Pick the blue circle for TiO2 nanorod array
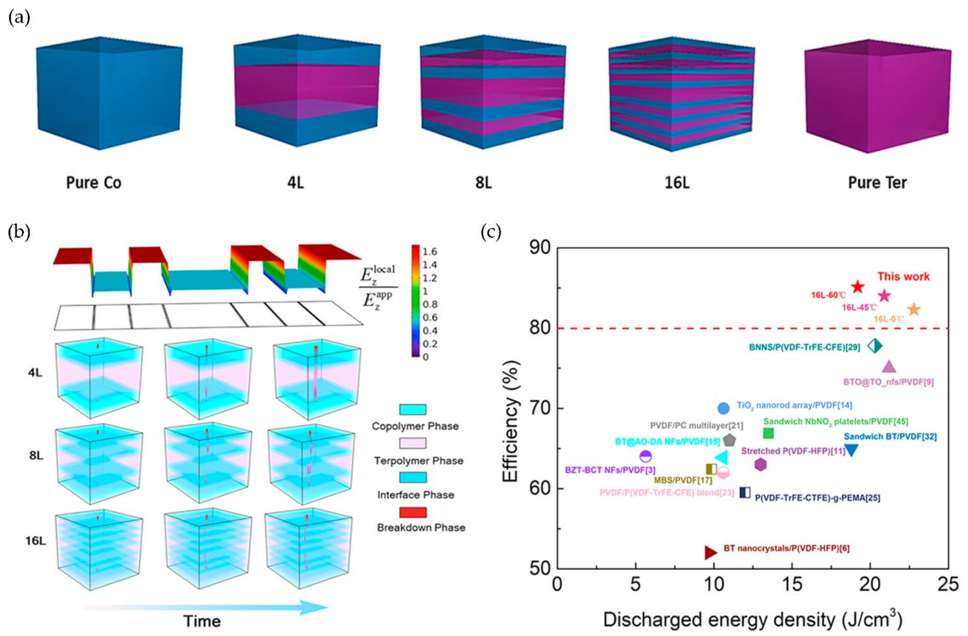724,408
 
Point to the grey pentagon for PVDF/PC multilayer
730,440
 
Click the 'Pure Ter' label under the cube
877,183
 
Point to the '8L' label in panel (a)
483,183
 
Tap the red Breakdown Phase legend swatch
413,512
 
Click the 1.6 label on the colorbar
429,252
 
